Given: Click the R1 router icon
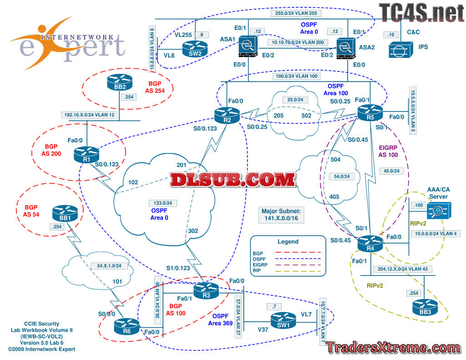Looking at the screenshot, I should click(x=85, y=153).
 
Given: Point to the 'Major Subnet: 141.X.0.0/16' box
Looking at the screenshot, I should click(x=281, y=215).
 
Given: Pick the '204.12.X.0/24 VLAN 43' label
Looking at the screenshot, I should click(x=402, y=269).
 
